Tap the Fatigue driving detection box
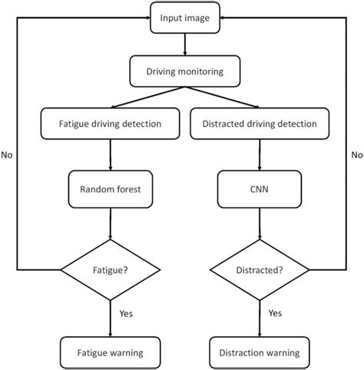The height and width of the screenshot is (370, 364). point(111,124)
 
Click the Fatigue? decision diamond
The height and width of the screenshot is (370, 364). point(111,270)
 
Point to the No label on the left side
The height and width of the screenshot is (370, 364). point(8,155)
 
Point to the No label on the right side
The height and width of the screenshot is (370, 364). point(357,155)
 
